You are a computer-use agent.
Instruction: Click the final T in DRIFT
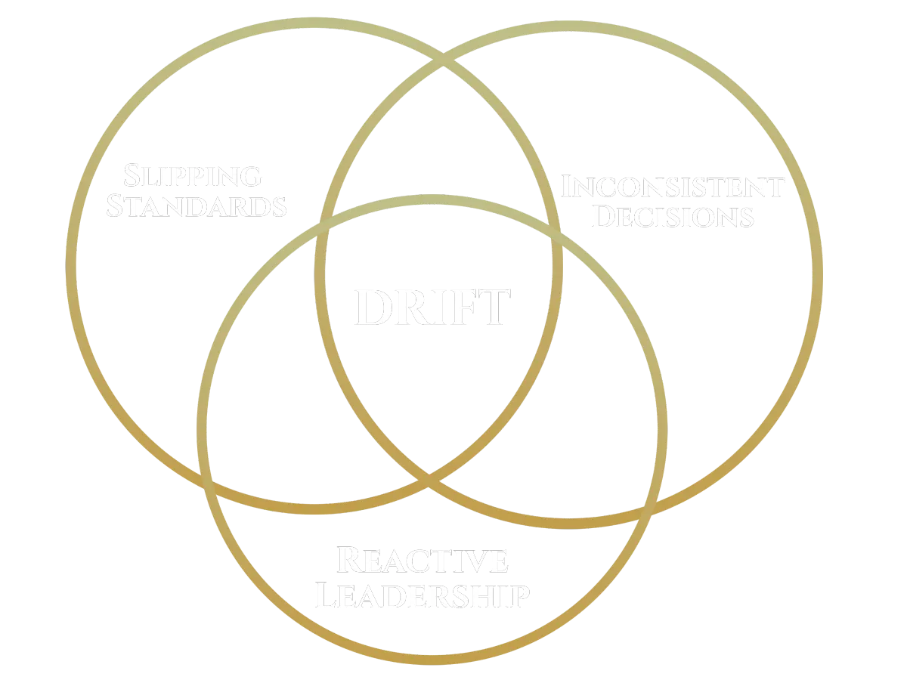[494, 308]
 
